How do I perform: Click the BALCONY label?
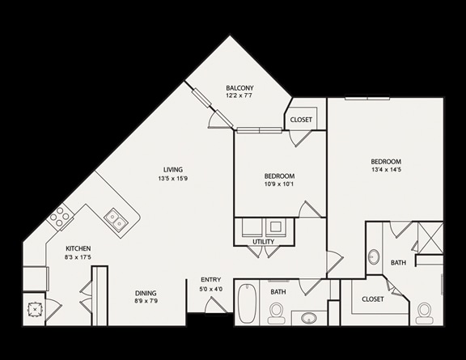239,88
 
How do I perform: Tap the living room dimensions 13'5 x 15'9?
172,178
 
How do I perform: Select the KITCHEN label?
78,248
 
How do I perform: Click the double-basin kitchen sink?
116,219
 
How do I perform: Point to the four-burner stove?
60,217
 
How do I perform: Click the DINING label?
146,293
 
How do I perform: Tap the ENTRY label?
210,280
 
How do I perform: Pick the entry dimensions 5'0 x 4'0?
210,289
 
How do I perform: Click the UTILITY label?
263,242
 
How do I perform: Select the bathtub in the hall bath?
247,303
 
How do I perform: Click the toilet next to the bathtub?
277,313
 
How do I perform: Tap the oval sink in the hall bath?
309,318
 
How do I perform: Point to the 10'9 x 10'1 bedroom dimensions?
279,184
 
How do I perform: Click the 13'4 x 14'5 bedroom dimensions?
386,170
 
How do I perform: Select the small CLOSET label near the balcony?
301,120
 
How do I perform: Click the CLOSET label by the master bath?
373,299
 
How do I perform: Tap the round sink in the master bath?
374,256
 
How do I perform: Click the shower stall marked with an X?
430,238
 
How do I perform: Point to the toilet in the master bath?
424,313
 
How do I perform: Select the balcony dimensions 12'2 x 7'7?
239,96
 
